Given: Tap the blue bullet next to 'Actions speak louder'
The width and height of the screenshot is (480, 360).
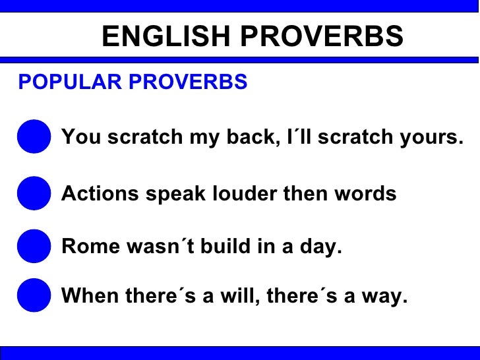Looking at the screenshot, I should coord(34,194).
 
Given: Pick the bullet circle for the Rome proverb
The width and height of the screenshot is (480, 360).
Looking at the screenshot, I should coord(34,247).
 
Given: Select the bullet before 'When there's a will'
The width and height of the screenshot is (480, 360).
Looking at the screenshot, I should coord(34,296).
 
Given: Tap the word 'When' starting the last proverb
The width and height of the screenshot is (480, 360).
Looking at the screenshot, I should coord(86,296).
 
